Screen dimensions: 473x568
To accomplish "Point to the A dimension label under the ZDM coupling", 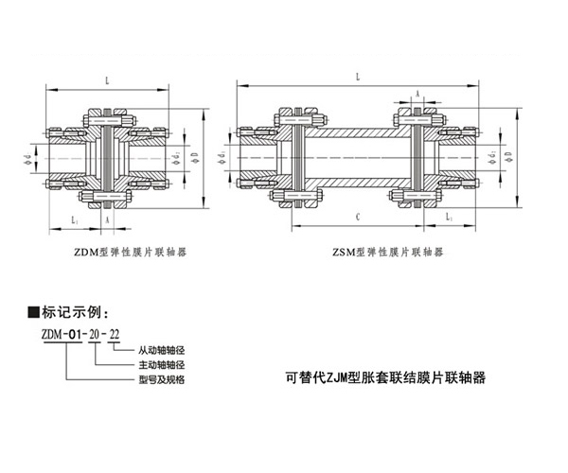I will click(108, 219).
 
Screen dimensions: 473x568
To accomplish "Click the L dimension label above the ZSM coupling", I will click(357, 77).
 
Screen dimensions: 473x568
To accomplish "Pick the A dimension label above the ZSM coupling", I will click(417, 94).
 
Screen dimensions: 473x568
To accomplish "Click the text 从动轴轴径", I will click(161, 351).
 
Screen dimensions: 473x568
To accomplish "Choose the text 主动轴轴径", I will click(161, 364).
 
